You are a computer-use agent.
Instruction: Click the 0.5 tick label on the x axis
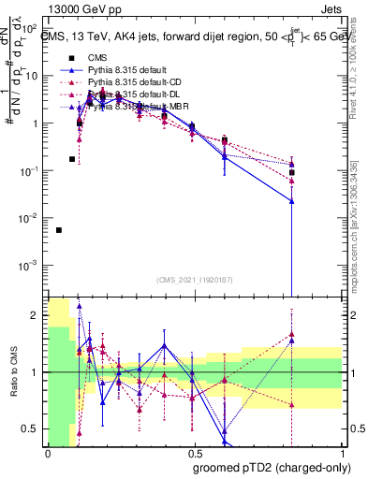[x=193, y=454]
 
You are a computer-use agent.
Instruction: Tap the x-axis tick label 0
[x=48, y=454]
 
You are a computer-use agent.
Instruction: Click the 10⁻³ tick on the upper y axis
[x=31, y=265]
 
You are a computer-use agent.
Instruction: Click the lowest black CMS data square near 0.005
[x=59, y=230]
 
